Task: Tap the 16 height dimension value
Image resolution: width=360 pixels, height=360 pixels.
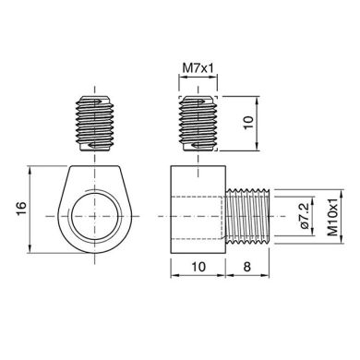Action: [21, 210]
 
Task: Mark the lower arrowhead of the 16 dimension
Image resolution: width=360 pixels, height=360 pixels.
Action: [33, 252]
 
